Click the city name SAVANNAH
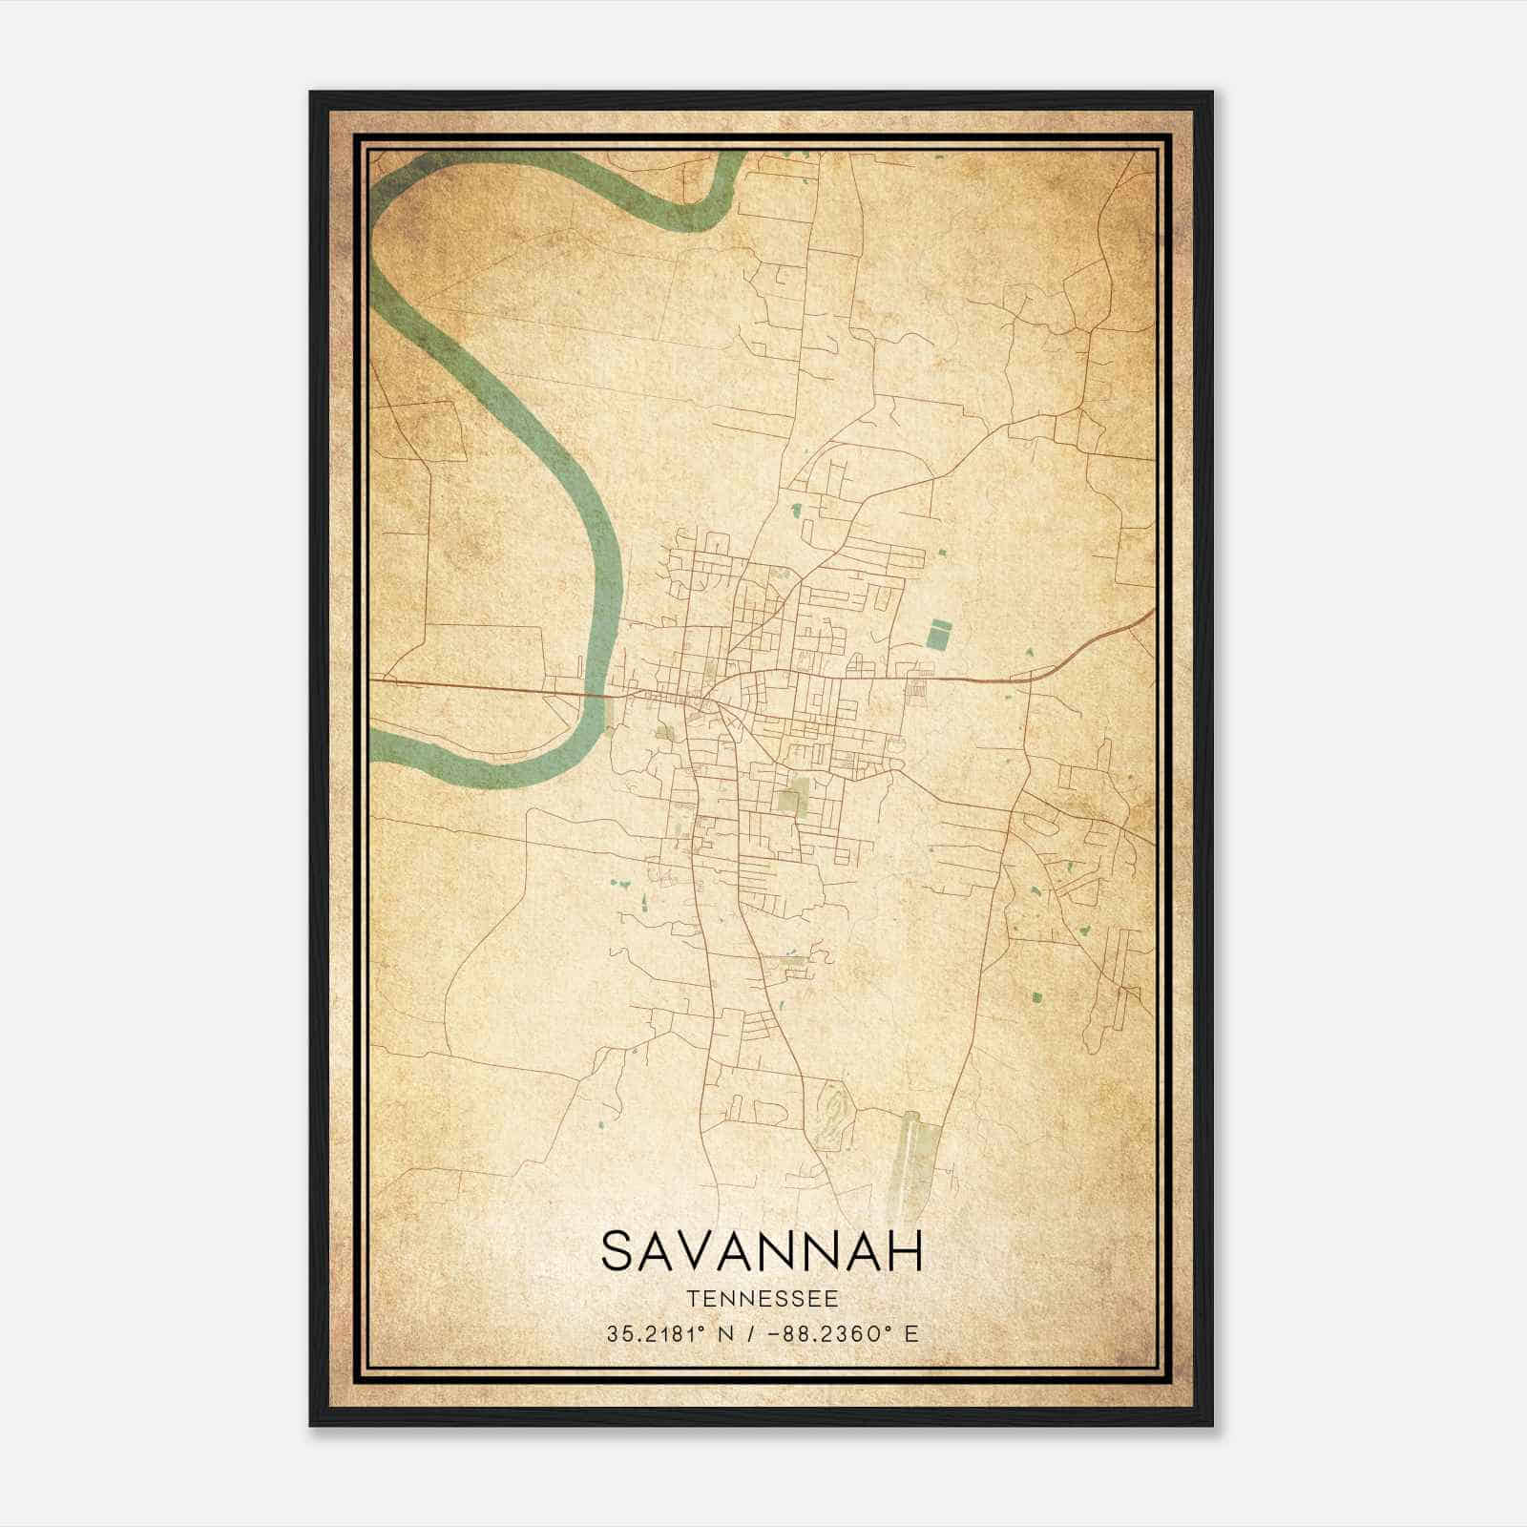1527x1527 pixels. click(763, 1251)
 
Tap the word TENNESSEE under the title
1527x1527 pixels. click(763, 1299)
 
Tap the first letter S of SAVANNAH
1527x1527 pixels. click(617, 1251)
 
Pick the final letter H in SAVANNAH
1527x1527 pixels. click(906, 1251)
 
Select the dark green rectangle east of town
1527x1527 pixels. click(940, 634)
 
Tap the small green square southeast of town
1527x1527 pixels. click(1037, 998)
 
